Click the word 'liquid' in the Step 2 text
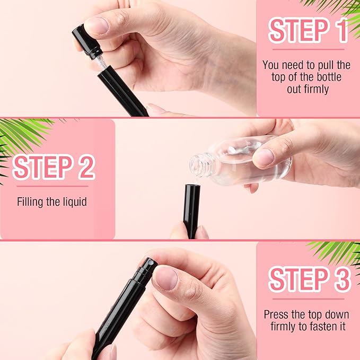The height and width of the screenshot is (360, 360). (74, 202)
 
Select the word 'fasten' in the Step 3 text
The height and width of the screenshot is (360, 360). (317, 327)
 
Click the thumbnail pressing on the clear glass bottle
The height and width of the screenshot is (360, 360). (265, 157)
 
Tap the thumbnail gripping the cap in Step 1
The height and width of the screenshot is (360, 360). (98, 25)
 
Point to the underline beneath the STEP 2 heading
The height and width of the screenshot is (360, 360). (52, 186)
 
